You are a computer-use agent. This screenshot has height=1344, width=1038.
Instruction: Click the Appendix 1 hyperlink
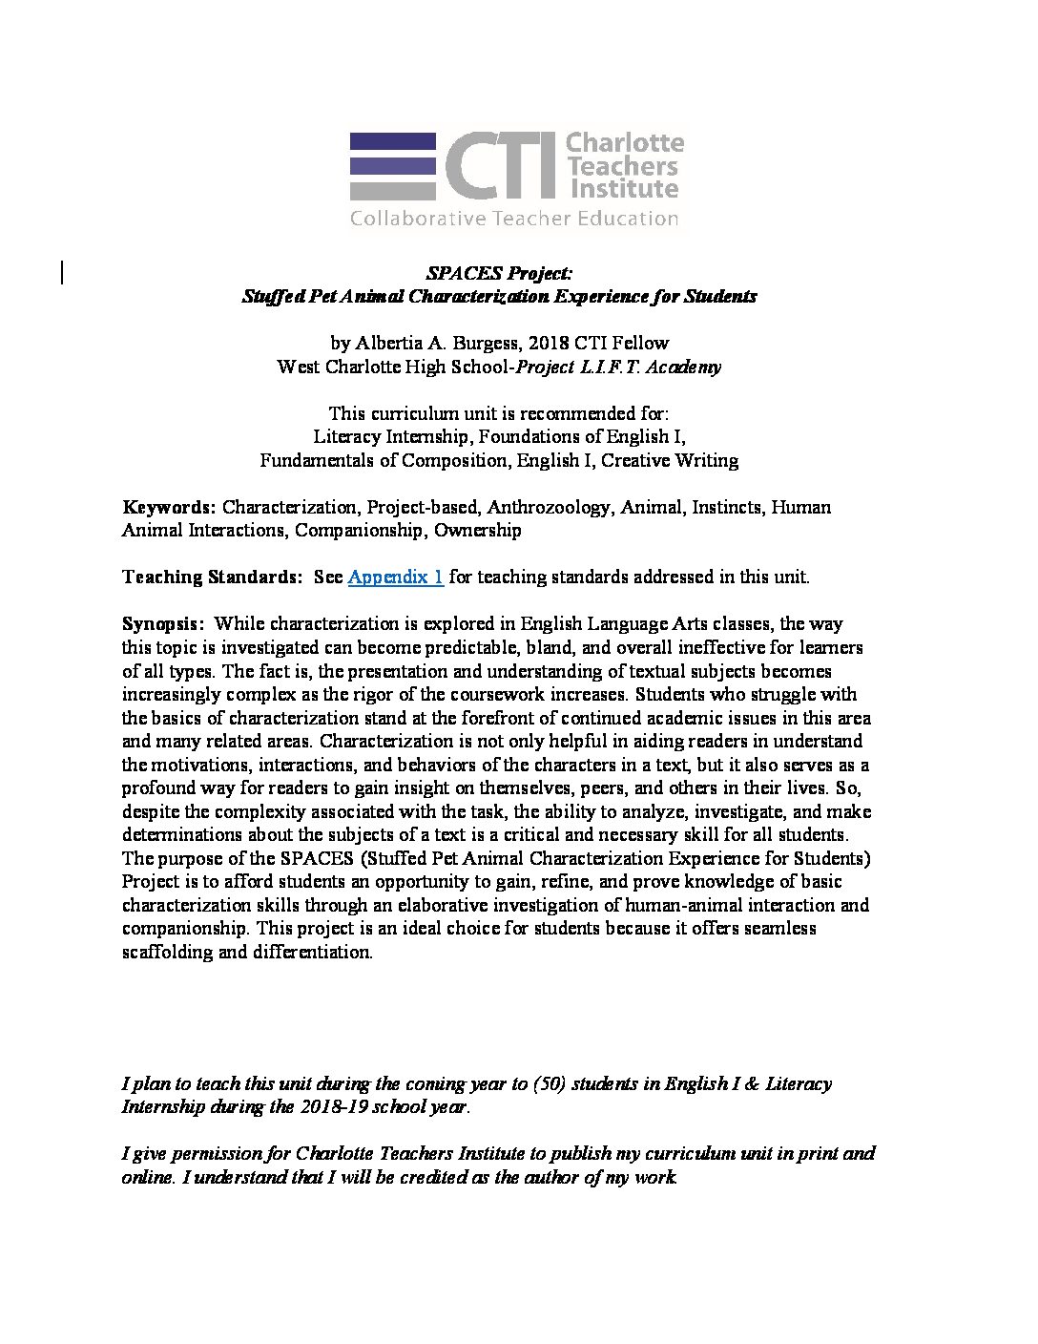(395, 577)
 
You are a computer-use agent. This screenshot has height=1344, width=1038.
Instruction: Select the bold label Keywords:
(169, 507)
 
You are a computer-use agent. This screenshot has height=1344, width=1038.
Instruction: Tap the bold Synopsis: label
(162, 624)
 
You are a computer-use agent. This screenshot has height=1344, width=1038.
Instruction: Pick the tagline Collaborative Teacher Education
(514, 219)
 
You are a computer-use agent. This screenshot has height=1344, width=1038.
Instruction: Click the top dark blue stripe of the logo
(392, 141)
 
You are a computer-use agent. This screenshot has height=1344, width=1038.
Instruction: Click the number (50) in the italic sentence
(548, 1084)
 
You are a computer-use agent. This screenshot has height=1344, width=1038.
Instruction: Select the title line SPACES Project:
(499, 274)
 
